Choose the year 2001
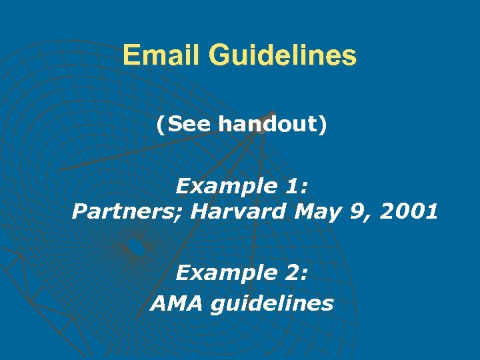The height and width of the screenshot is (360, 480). tap(407, 212)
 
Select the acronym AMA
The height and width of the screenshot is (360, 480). tap(176, 304)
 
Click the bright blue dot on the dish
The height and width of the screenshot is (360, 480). tap(136, 247)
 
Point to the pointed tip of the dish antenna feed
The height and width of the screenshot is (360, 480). tap(271, 113)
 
